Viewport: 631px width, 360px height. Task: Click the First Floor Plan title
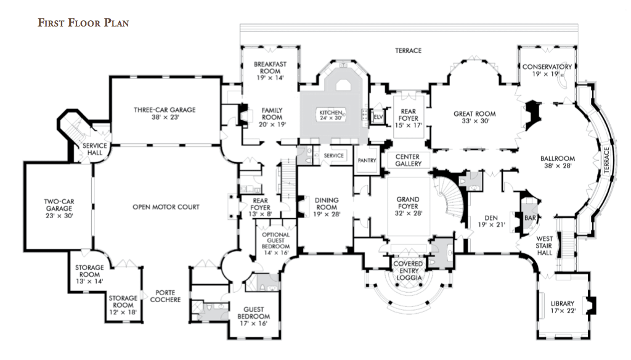coord(83,23)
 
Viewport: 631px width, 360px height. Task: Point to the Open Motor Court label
coord(166,207)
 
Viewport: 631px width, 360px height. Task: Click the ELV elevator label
coord(378,117)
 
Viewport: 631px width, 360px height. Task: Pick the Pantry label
coord(367,160)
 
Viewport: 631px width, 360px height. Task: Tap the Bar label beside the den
coord(530,218)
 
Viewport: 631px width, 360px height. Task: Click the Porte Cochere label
coord(165,296)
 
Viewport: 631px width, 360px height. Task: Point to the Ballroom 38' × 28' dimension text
coord(558,165)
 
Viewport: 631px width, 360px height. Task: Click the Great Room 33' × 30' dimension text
coord(475,121)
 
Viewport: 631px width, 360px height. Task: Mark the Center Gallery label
coord(408,160)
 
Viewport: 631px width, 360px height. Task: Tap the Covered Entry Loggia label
coord(408,271)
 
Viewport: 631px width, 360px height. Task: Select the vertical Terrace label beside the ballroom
coord(606,160)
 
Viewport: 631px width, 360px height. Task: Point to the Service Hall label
coord(95,149)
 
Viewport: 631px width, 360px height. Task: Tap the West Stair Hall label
coord(544,245)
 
